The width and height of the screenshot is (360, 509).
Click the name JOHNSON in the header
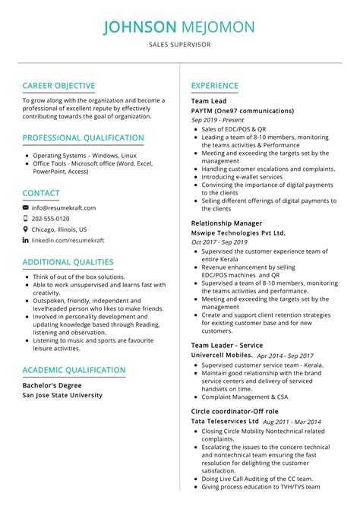[x=139, y=27]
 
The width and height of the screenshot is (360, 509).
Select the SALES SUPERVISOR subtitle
[x=180, y=46]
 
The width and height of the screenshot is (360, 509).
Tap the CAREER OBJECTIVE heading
[x=58, y=86]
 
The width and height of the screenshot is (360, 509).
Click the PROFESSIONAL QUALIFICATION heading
[x=83, y=138]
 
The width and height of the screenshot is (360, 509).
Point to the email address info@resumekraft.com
[x=64, y=207]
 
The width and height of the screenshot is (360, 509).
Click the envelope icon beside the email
[x=26, y=207]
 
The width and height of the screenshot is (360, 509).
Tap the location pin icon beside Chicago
[x=26, y=229]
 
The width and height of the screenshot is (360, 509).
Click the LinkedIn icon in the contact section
[x=26, y=239]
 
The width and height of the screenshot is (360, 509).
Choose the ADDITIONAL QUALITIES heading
[x=68, y=262]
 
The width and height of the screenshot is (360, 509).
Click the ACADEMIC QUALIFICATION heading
[x=74, y=370]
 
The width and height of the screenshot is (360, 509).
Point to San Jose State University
[x=62, y=395]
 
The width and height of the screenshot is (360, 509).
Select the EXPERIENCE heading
[x=215, y=86]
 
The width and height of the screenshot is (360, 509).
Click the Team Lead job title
[x=209, y=101]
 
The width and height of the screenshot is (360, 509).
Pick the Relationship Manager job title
[x=226, y=223]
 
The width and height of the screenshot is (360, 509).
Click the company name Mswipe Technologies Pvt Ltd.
[x=238, y=232]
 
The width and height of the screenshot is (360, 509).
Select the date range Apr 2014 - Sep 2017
[x=285, y=356]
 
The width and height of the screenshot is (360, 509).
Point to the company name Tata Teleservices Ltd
[x=224, y=421]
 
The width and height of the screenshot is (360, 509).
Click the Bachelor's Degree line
[x=52, y=385]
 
